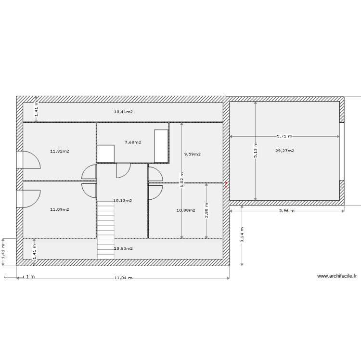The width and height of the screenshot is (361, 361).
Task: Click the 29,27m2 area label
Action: (x=284, y=151)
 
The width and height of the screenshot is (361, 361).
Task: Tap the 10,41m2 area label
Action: (x=123, y=112)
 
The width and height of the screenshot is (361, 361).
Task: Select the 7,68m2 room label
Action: (x=133, y=142)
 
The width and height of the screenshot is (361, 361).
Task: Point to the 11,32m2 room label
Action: (x=59, y=151)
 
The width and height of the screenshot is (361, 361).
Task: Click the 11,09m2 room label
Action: (x=59, y=209)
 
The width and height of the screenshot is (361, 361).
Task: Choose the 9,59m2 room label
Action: (x=192, y=155)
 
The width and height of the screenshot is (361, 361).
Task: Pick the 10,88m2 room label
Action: (x=186, y=210)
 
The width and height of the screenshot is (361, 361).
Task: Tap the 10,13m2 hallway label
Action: (x=122, y=200)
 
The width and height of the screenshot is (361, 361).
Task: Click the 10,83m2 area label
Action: (x=123, y=248)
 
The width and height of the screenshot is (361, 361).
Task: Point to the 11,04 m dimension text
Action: (x=123, y=278)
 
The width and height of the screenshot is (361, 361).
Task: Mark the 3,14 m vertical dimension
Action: (x=242, y=235)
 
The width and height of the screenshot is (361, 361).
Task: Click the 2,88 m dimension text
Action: (x=206, y=211)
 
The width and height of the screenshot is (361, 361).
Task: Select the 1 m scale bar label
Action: (x=30, y=277)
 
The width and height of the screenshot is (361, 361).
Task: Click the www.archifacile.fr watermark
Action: (x=337, y=276)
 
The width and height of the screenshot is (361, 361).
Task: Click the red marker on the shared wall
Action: (x=226, y=183)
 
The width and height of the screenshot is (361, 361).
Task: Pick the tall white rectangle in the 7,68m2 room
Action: (x=161, y=146)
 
